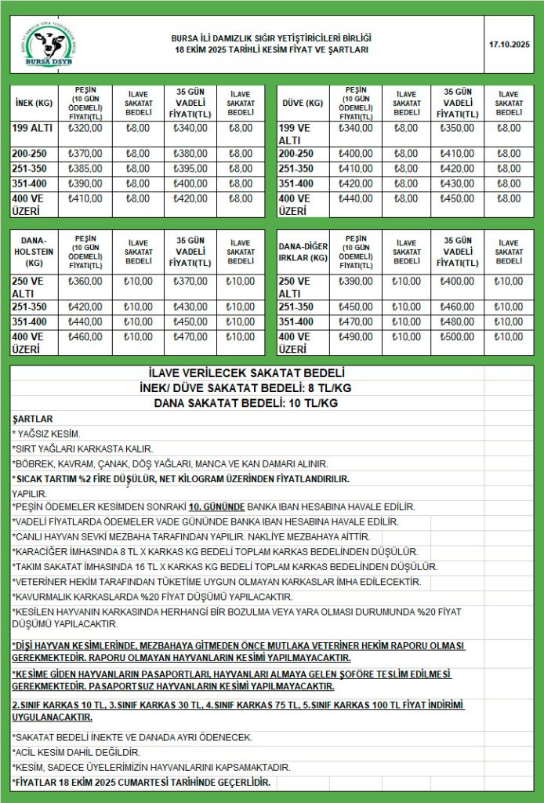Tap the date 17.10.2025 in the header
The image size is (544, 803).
tap(509, 44)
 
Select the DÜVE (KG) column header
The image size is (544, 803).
tap(302, 103)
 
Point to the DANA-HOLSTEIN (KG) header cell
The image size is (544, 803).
tap(34, 252)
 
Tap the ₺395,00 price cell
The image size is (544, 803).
tap(190, 169)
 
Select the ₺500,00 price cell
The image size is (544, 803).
tap(457, 337)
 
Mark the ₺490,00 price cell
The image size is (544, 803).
tap(355, 337)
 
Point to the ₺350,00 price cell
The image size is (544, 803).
tap(457, 128)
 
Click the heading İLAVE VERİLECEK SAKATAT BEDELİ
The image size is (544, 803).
tap(246, 373)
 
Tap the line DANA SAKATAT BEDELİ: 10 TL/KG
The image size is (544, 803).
tap(246, 403)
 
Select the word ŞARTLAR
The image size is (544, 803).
tap(33, 419)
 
